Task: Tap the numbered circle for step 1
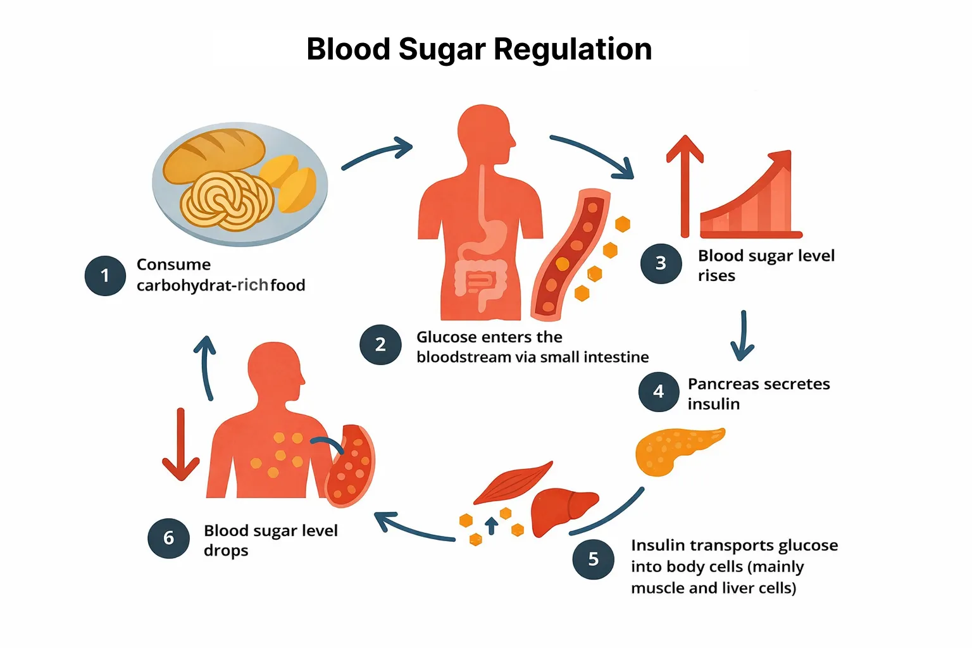[105, 276]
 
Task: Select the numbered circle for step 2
[380, 345]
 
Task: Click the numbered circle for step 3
[661, 263]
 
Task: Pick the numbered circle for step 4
[659, 392]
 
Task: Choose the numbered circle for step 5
[593, 559]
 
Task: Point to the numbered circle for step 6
[168, 539]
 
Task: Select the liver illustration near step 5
[562, 510]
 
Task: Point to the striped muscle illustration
[513, 484]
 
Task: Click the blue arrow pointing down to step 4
[743, 335]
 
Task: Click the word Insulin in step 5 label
[658, 545]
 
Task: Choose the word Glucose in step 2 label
[446, 337]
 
